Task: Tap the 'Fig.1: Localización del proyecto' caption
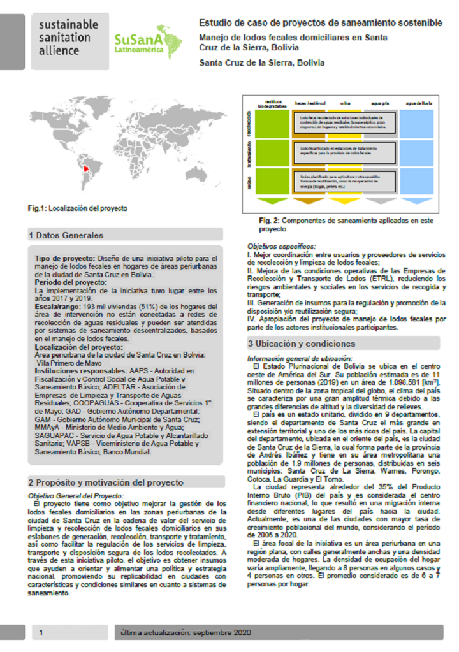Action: [x=78, y=208]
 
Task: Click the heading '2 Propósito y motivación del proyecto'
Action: [x=106, y=482]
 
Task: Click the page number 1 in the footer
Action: [x=41, y=632]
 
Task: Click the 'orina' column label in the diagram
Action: [x=346, y=102]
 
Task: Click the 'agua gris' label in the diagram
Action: [x=381, y=102]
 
